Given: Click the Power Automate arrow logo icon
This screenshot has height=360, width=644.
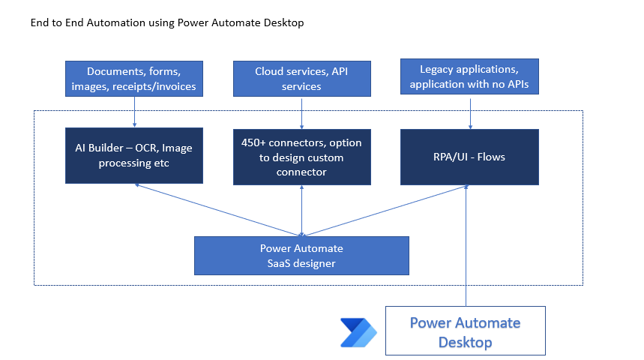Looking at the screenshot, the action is [358, 332].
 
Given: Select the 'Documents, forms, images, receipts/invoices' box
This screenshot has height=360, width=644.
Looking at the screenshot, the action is [134, 79].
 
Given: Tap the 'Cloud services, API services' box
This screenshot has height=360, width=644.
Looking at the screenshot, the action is [302, 79].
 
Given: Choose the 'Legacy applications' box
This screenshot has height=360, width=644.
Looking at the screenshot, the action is [469, 76].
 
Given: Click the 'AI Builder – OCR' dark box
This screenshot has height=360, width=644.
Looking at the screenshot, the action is [134, 155].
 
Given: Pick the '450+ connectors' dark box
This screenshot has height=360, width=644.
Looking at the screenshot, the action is [302, 157].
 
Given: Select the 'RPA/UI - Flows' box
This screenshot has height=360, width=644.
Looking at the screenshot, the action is [469, 157].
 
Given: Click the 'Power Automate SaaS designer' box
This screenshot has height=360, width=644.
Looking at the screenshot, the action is [301, 256].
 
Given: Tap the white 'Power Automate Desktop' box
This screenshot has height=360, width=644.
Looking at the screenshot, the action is [466, 331].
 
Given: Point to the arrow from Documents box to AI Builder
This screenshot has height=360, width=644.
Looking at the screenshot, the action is [134, 112].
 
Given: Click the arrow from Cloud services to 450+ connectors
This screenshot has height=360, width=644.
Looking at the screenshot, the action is [302, 113].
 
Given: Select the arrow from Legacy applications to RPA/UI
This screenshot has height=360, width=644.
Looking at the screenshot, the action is [470, 112].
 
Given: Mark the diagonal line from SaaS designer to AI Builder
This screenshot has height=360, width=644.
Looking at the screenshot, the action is [218, 210].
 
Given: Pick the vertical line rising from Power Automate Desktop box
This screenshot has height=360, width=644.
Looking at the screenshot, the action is [466, 246].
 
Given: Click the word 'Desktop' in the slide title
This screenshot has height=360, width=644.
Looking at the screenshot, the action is [284, 22].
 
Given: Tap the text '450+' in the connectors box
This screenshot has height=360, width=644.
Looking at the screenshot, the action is [253, 142].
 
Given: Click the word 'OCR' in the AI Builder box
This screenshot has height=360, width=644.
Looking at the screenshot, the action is [147, 148].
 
